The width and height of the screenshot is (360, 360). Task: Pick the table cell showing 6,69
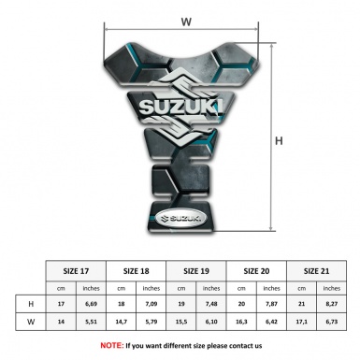(x=92, y=304)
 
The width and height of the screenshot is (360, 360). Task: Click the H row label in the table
(x=32, y=304)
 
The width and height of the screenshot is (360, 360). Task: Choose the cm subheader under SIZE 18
(x=122, y=288)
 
